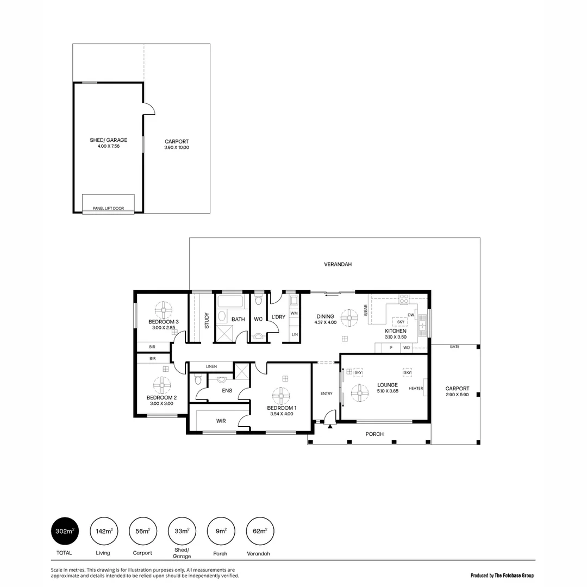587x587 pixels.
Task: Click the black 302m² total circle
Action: click(x=64, y=531)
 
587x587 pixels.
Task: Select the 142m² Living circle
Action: click(x=103, y=531)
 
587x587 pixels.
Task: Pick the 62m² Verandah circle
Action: click(x=260, y=531)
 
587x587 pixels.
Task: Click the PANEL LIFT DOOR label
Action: click(x=108, y=208)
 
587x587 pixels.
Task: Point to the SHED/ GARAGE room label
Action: click(x=108, y=140)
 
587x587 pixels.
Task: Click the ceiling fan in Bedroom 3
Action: click(x=164, y=311)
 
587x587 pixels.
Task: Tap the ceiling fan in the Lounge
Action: click(x=359, y=393)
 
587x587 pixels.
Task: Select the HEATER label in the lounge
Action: click(x=416, y=388)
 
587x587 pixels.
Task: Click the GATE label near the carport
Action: click(x=454, y=346)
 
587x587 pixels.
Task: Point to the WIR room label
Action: click(x=221, y=421)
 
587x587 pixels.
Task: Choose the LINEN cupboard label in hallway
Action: click(x=211, y=367)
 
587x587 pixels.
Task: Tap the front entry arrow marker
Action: click(x=330, y=427)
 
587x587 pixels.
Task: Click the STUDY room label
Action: click(x=207, y=320)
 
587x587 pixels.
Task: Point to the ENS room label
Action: click(x=227, y=390)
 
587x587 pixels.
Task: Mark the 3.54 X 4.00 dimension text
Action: click(x=282, y=414)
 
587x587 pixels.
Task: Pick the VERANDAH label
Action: click(x=338, y=264)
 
